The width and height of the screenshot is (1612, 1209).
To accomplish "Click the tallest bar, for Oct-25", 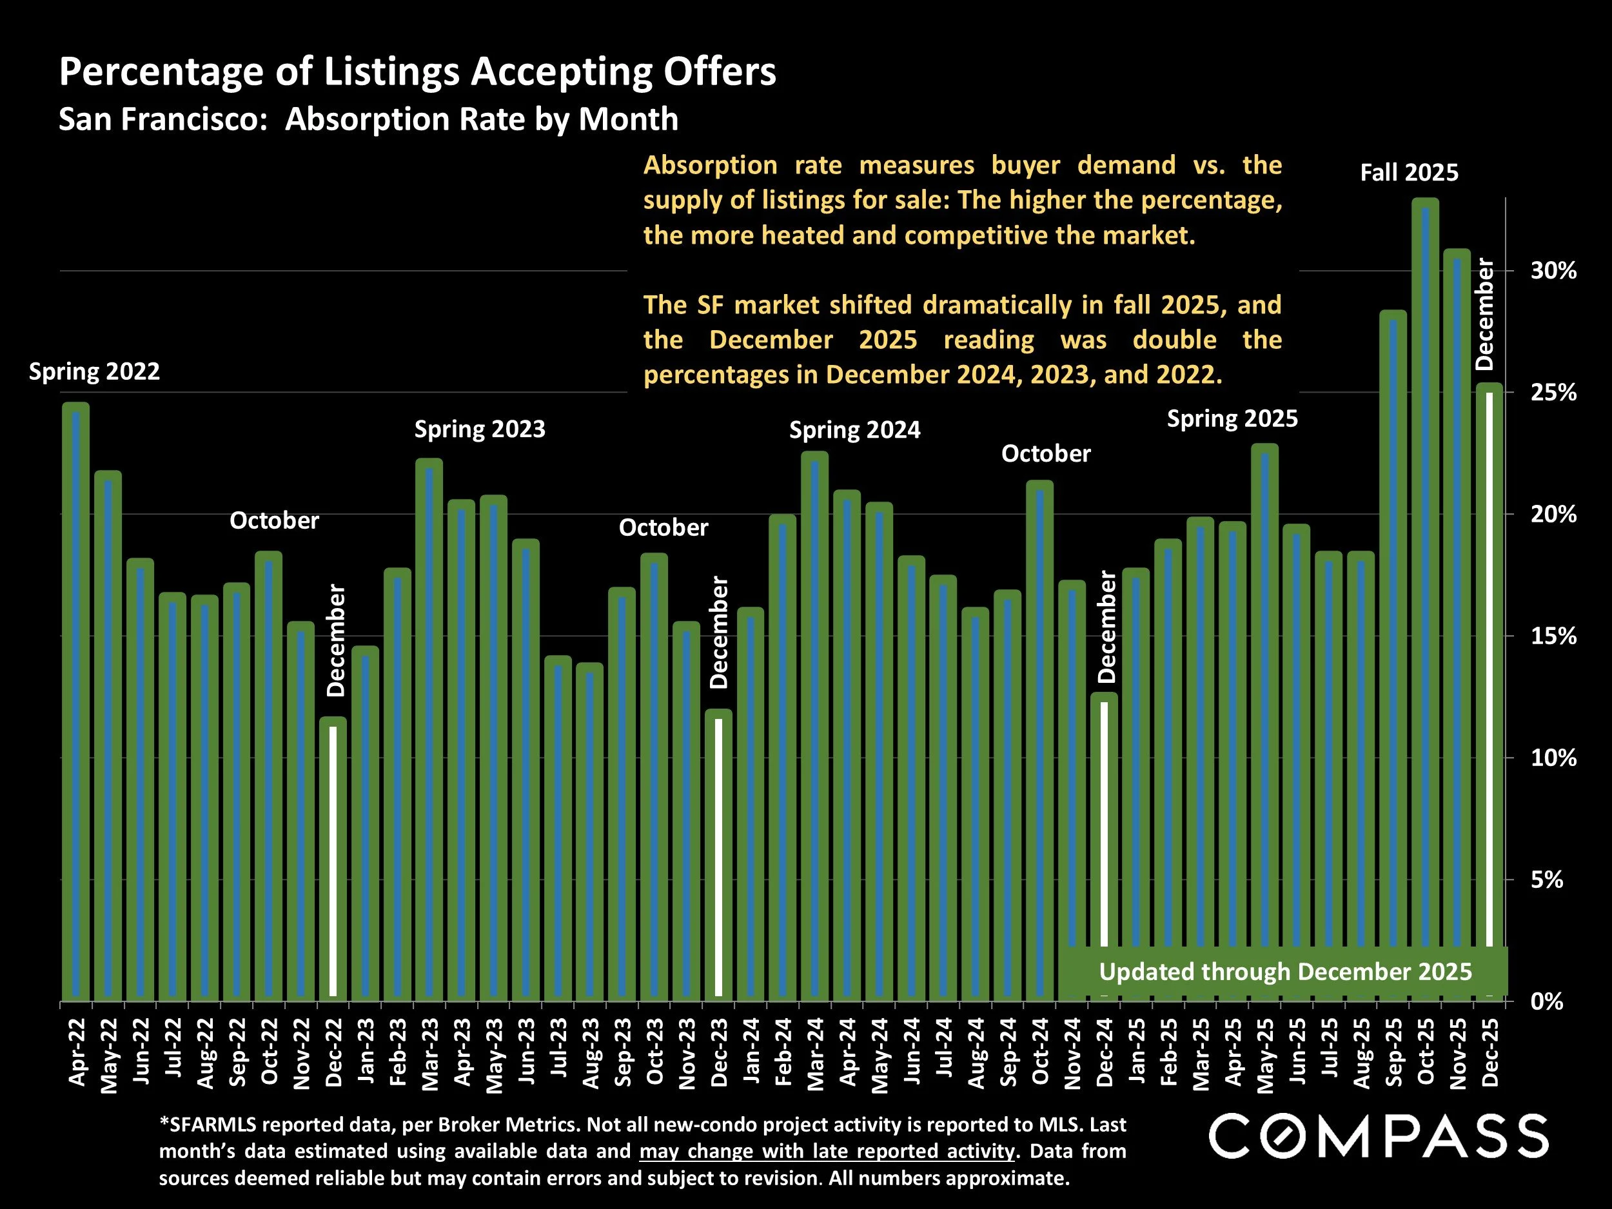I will (1425, 598).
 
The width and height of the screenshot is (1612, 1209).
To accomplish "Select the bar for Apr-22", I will (76, 700).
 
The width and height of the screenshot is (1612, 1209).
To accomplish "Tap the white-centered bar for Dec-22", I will (333, 860).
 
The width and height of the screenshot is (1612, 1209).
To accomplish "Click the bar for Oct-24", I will (1040, 740).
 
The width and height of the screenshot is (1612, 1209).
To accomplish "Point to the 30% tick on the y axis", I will (1553, 271).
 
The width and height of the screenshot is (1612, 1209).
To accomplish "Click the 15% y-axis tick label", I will (1553, 637).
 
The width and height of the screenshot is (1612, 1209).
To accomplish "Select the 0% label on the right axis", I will (1546, 1002).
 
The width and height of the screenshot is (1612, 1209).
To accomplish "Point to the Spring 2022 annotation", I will (94, 371).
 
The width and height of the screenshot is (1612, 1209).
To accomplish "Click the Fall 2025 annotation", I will (1409, 173).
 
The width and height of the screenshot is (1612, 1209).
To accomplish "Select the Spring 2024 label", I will (854, 430).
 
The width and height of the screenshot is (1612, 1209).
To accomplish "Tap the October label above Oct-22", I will (274, 520).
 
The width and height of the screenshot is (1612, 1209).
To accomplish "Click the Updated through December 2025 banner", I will (1285, 972).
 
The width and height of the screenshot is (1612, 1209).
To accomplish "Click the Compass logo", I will (1379, 1136).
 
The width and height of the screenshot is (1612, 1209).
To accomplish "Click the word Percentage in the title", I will (162, 72).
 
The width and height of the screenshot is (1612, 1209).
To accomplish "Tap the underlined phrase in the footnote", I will (827, 1151).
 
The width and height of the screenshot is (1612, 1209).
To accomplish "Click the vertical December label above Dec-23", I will (718, 633).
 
